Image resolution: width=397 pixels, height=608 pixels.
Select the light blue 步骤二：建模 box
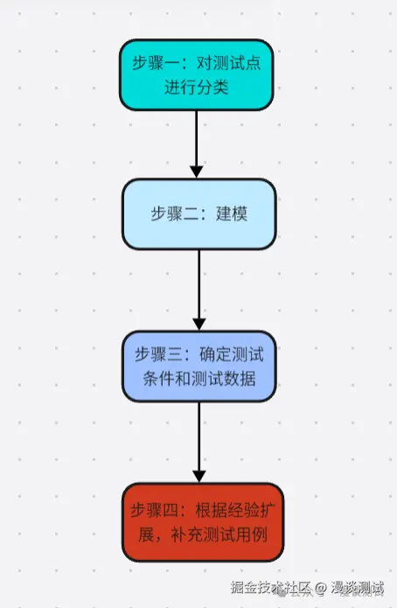[x=198, y=213]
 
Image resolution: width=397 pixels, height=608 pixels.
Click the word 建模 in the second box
[x=232, y=213]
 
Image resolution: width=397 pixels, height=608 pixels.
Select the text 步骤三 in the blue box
[x=155, y=354]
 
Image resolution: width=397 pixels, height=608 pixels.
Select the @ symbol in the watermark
[x=321, y=589]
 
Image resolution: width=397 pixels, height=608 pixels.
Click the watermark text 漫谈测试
[x=358, y=589]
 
